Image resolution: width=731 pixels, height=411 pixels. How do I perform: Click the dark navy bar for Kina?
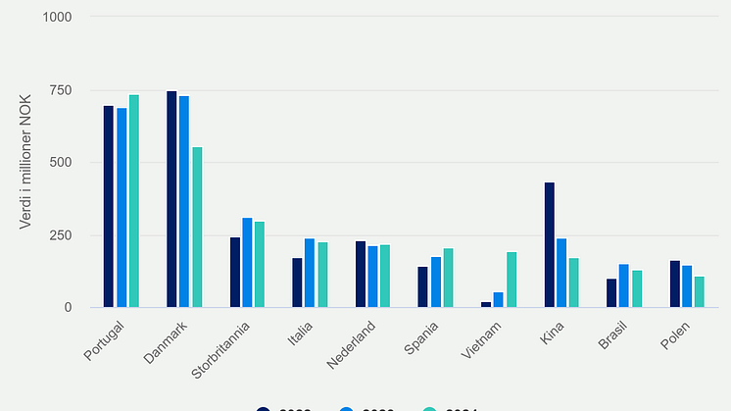coord(550,245)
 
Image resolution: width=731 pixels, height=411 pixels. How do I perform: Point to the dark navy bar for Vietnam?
coord(486,304)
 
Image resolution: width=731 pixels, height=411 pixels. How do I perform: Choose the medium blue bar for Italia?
coord(310,273)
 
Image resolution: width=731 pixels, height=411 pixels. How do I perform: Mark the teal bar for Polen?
coord(700,291)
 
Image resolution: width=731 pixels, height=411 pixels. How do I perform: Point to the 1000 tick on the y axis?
coord(59,18)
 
